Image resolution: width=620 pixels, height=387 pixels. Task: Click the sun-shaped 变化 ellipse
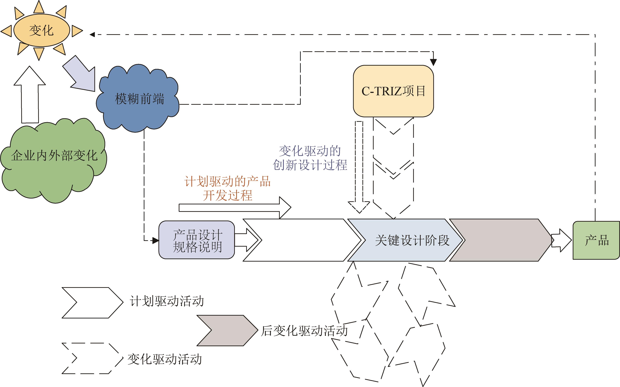tap(42, 30)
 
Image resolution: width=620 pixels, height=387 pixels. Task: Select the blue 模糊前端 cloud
tap(138, 99)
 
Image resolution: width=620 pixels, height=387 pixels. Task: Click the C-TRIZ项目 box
tap(393, 91)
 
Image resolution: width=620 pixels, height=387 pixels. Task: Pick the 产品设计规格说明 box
tap(197, 240)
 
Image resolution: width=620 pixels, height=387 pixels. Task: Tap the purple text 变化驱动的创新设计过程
tap(310, 158)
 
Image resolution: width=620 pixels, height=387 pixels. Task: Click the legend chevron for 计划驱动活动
tap(92, 303)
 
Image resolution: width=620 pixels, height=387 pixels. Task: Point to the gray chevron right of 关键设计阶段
tap(500, 240)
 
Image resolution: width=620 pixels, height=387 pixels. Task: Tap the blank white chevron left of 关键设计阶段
tap(302, 240)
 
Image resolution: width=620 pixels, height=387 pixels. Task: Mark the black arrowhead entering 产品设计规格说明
tap(156, 241)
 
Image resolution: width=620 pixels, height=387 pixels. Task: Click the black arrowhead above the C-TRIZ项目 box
tap(433, 62)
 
